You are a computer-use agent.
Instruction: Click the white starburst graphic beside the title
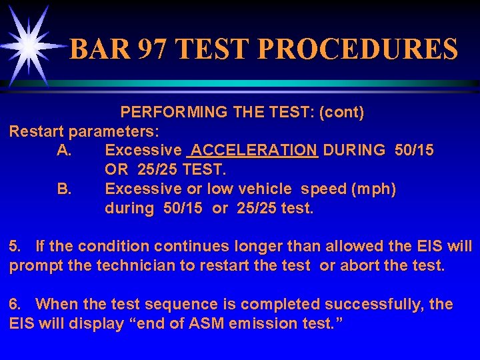click(x=29, y=45)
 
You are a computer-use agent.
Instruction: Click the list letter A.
click(x=65, y=150)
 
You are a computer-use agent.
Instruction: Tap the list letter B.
click(x=65, y=189)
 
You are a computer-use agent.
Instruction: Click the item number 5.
click(x=15, y=247)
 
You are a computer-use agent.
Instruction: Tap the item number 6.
click(x=15, y=305)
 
